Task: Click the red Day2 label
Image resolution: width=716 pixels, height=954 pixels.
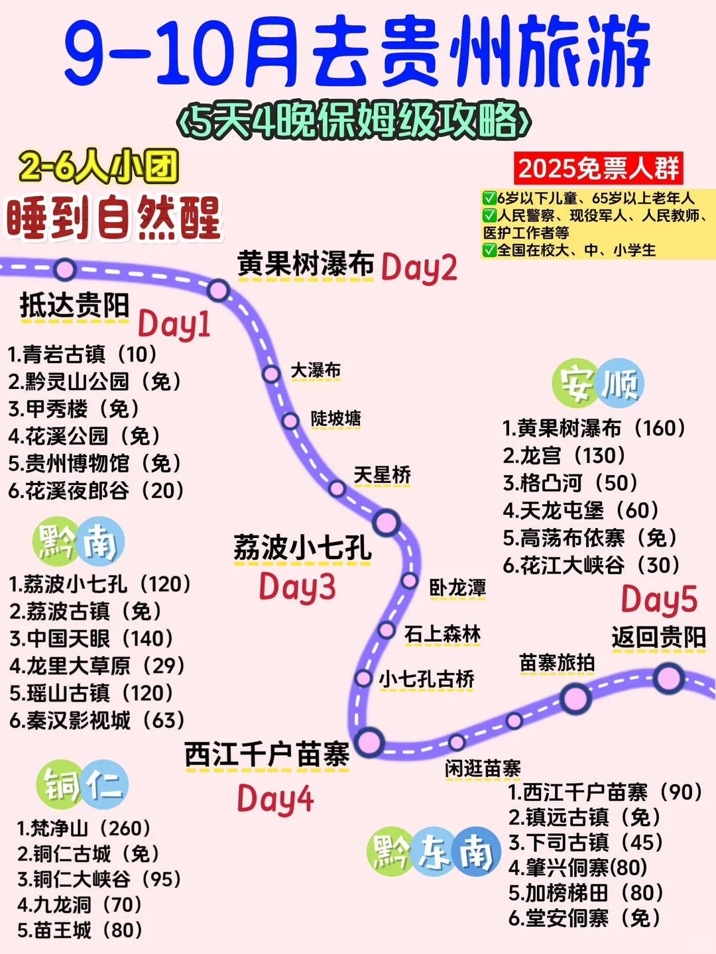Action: (x=419, y=268)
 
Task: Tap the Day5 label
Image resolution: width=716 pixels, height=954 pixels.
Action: (x=659, y=599)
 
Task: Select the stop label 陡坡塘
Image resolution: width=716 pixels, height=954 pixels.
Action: (x=336, y=419)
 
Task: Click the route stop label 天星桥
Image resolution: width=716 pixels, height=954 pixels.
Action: (x=382, y=475)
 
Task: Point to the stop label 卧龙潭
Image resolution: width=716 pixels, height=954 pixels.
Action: (x=457, y=588)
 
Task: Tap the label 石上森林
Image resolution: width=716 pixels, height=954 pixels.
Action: (x=443, y=634)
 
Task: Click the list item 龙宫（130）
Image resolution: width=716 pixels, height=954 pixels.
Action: (x=564, y=456)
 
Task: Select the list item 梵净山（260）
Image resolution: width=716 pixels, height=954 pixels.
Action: (x=84, y=828)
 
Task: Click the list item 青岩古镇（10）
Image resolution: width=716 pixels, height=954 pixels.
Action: (x=83, y=354)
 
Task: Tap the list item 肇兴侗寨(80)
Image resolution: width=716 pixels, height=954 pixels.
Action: (x=577, y=867)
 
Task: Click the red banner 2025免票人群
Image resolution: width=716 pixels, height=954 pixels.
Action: (x=598, y=168)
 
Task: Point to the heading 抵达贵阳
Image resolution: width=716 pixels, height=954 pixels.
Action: (x=74, y=306)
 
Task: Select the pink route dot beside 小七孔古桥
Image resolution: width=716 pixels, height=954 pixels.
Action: (x=363, y=678)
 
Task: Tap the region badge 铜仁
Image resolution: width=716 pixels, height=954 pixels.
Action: (x=82, y=785)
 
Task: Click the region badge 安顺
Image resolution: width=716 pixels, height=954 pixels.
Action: (x=598, y=384)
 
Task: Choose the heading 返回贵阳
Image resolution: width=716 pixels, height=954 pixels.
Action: (x=658, y=637)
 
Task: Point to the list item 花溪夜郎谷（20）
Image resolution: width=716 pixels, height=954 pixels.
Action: (x=96, y=491)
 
